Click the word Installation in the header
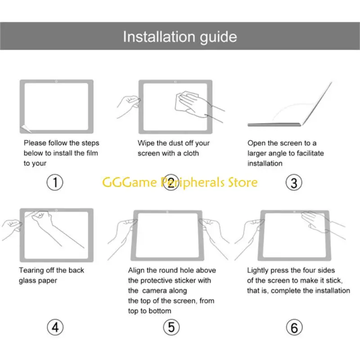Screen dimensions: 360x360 tap(159, 37)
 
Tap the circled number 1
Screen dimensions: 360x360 tap(55, 182)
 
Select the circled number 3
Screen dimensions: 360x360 tap(294, 183)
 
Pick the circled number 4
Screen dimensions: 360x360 tap(55, 327)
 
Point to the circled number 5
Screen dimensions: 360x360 tap(171, 327)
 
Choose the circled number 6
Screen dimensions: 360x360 tap(294, 327)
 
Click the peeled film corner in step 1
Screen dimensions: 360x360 tap(25, 129)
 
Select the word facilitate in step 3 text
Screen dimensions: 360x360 tap(310, 153)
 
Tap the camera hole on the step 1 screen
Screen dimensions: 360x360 tap(57, 81)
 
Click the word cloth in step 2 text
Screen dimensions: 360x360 tap(191, 153)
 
